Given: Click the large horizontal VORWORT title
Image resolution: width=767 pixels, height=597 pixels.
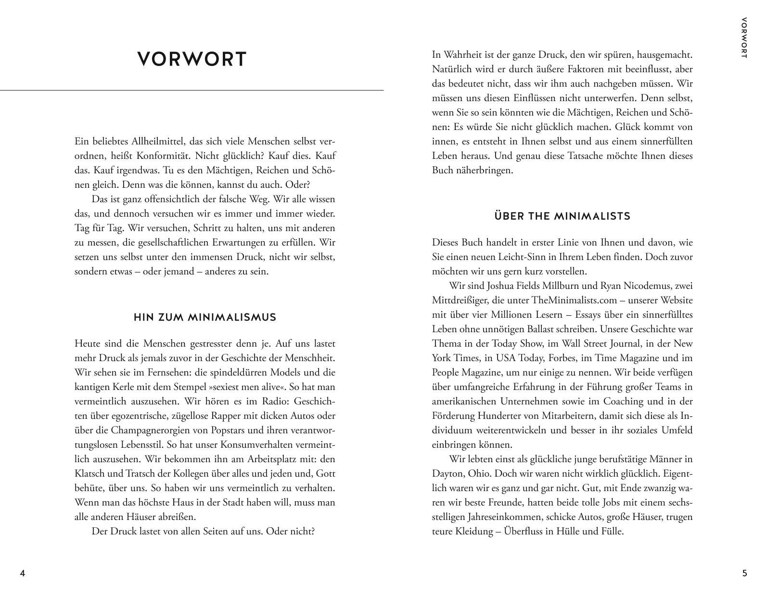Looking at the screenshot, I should [x=192, y=59].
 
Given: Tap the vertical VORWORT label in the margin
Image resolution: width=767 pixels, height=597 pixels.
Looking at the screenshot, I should [x=744, y=38].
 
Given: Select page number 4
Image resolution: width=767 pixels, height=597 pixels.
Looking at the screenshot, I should [x=22, y=573].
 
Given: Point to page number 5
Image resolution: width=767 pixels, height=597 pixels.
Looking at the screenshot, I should [x=745, y=573].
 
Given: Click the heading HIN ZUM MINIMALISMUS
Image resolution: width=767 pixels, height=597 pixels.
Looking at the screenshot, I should [x=205, y=317].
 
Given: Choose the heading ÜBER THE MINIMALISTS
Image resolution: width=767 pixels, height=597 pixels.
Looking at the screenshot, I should [x=562, y=216].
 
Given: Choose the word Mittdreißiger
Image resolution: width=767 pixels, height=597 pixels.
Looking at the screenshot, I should [x=460, y=300].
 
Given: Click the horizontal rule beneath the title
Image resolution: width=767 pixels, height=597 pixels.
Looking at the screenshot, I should [x=192, y=90].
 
